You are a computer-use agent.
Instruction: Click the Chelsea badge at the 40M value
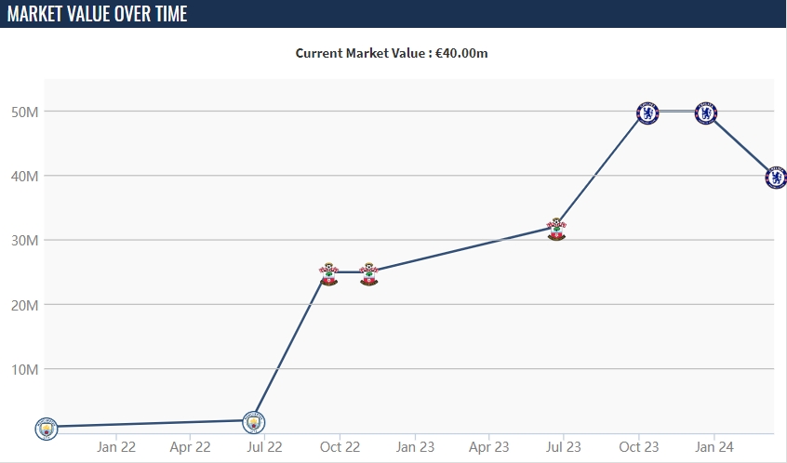point(776,177)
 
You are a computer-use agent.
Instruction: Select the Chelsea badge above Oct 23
point(647,113)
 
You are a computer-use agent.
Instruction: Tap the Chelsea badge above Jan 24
point(706,113)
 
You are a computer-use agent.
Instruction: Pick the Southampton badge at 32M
point(556,229)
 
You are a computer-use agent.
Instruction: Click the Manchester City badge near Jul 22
point(253,422)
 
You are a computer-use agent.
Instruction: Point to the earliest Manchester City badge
point(46,428)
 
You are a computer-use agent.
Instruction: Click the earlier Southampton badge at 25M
point(328,274)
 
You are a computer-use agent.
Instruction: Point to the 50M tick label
point(25,112)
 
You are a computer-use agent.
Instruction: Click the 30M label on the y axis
point(25,241)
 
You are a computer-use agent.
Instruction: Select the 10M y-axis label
point(25,369)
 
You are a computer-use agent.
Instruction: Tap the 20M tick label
point(25,305)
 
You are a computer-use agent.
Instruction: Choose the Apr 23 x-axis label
point(488,447)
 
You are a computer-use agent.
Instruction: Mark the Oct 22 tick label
point(339,447)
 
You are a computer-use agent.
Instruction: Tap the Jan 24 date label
point(713,447)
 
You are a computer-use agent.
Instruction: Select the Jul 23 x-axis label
point(563,447)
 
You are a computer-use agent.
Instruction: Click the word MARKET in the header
point(38,14)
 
